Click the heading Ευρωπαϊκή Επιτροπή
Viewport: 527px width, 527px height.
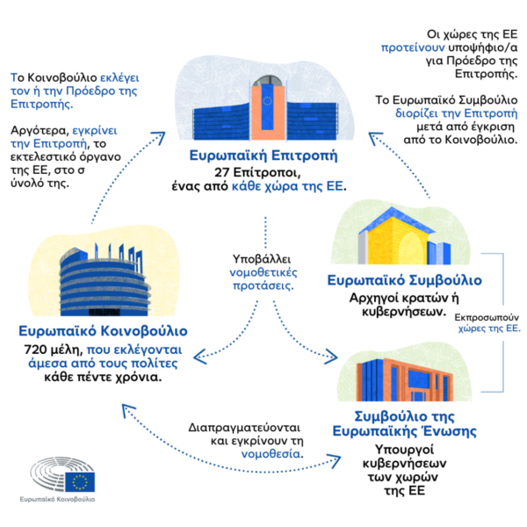[x=263, y=156]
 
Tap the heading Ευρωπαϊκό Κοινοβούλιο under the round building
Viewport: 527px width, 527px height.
[x=103, y=331]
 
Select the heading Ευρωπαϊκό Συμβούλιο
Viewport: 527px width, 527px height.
[x=405, y=281]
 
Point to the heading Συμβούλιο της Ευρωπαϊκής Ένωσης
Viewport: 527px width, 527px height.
[x=404, y=424]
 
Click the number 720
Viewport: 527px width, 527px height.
[x=35, y=350]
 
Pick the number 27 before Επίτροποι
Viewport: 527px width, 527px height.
[x=222, y=172]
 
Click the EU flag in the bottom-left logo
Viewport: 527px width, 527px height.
[x=80, y=482]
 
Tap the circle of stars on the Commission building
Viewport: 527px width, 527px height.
[x=267, y=100]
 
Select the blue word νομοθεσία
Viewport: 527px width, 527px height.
[x=271, y=454]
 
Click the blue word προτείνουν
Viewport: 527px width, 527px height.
[x=413, y=47]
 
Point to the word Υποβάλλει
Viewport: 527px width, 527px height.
[x=262, y=259]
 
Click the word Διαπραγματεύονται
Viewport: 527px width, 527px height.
[x=244, y=428]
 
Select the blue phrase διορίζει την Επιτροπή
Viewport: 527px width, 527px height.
[x=456, y=113]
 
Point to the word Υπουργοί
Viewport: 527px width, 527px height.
[x=404, y=450]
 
